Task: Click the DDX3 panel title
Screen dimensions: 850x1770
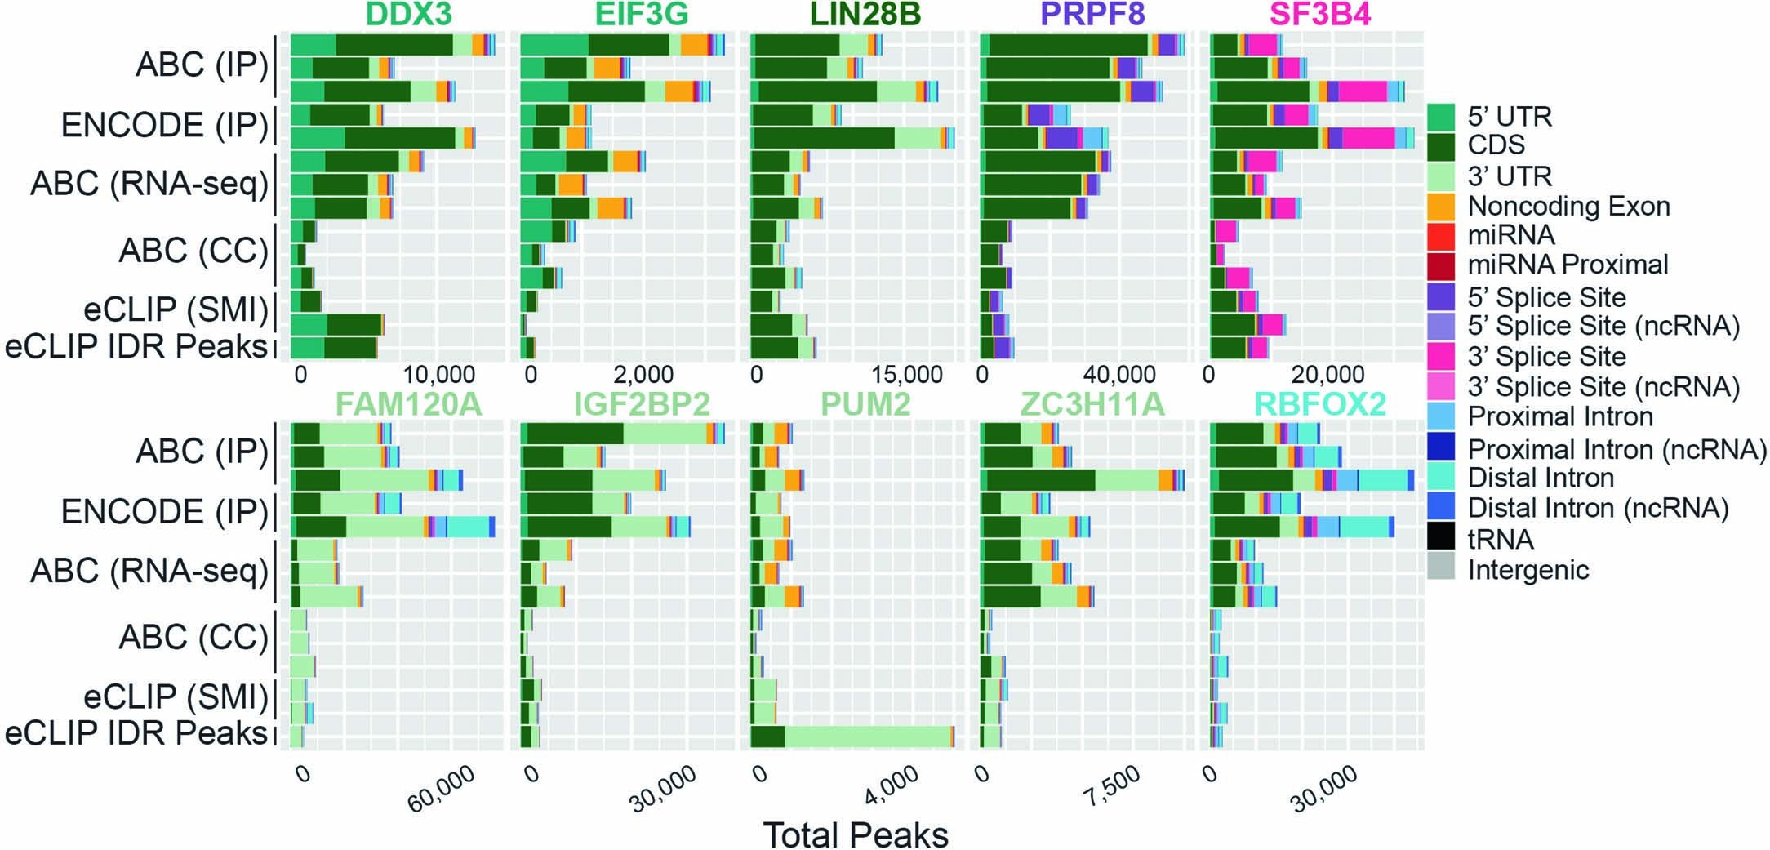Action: pyautogui.click(x=410, y=14)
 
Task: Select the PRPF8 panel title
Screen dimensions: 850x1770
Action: pyautogui.click(x=1092, y=14)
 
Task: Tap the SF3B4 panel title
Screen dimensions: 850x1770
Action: pyautogui.click(x=1320, y=14)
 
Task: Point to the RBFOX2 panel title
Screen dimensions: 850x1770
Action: pyautogui.click(x=1320, y=403)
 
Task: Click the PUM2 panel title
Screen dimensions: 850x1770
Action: pyautogui.click(x=865, y=403)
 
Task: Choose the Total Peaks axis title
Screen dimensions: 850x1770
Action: pyautogui.click(x=856, y=834)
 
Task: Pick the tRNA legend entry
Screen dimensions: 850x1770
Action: pyautogui.click(x=1501, y=539)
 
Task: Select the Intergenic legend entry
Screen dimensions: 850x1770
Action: pyautogui.click(x=1528, y=569)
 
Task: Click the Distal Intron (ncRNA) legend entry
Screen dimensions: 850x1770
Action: pyautogui.click(x=1598, y=508)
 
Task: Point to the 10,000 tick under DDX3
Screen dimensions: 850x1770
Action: pyautogui.click(x=439, y=375)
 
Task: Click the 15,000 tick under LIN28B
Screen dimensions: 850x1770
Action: pyautogui.click(x=906, y=375)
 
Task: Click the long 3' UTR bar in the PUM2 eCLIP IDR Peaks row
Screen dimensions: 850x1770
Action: pyautogui.click(x=867, y=737)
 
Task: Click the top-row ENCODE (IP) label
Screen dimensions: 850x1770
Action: pyautogui.click(x=165, y=125)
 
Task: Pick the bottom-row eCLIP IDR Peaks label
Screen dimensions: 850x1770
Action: pyautogui.click(x=136, y=733)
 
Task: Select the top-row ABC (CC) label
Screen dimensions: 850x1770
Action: pyautogui.click(x=193, y=251)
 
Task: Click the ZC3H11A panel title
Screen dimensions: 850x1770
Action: pyautogui.click(x=1092, y=403)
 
